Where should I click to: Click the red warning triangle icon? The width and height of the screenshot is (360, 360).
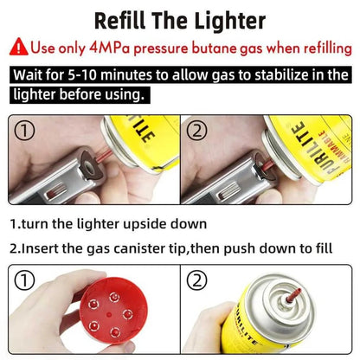[x=19, y=47]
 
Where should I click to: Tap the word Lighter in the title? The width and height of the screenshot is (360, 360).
[x=230, y=21]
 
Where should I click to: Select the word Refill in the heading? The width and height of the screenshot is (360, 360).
[x=120, y=21]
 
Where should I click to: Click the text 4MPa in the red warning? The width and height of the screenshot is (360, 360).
[x=110, y=48]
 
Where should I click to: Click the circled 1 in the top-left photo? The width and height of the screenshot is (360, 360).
[x=24, y=131]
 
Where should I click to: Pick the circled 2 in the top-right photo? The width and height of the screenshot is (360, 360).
[x=196, y=131]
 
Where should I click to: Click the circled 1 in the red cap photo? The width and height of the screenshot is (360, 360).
[x=24, y=280]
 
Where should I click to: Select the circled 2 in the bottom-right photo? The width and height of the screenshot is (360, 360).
[x=196, y=280]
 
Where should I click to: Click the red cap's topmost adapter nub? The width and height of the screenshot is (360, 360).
[x=114, y=297]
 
